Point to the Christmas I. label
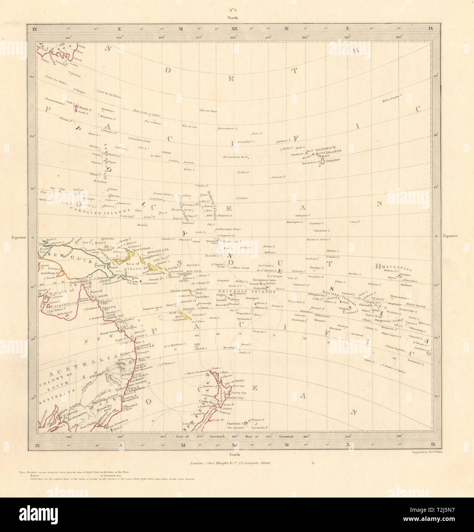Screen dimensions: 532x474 pyautogui.click(x=322, y=231)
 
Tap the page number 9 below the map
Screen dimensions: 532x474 pyautogui.click(x=313, y=462)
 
